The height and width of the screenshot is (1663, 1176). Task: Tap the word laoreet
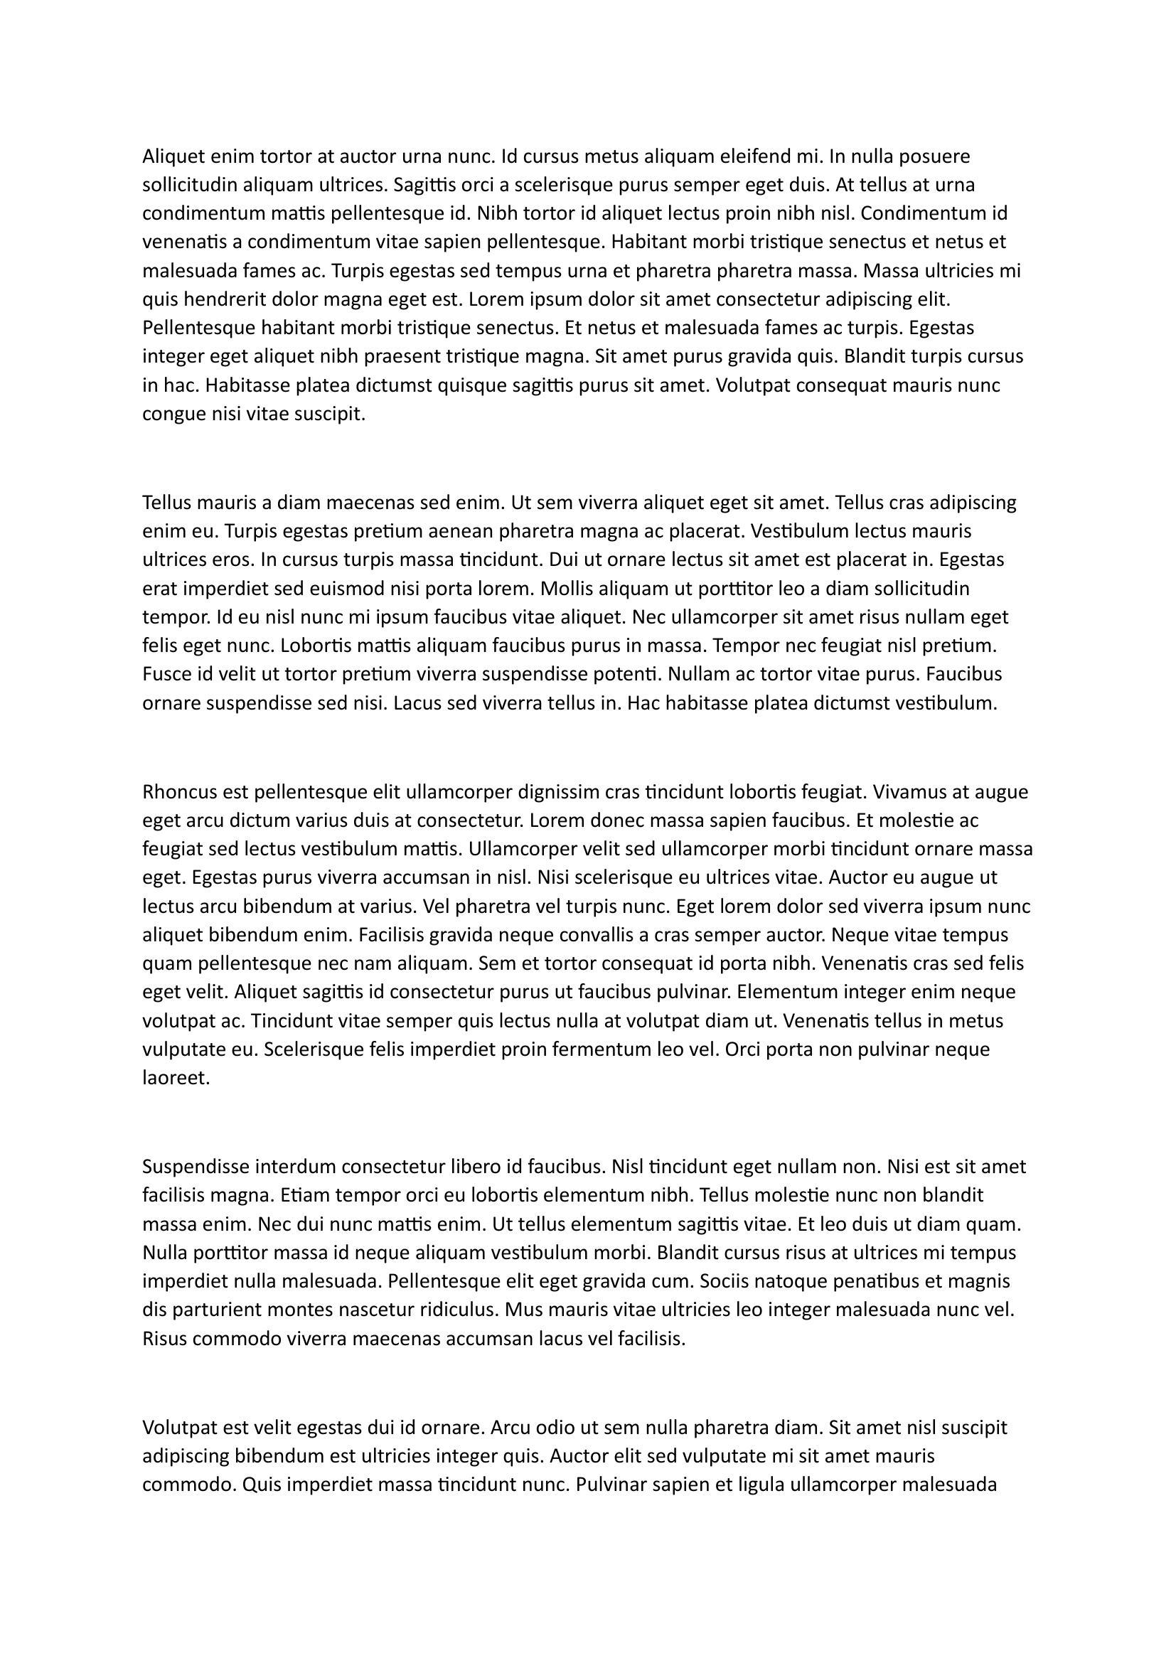coord(176,1079)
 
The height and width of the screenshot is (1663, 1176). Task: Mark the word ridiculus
coord(448,1310)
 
